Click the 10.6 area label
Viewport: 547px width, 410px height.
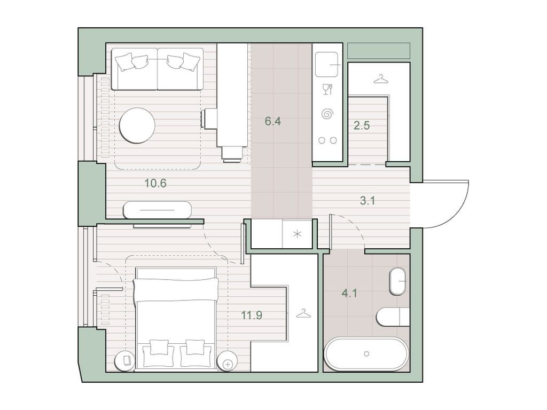[x=155, y=183]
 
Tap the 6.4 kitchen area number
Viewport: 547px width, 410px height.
[x=273, y=121]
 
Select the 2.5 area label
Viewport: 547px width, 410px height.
[x=362, y=125]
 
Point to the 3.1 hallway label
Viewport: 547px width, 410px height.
[x=368, y=201]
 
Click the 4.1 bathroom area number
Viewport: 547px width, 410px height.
[x=349, y=293]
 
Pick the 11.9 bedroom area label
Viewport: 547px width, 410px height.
[x=252, y=315]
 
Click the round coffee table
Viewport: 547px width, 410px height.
[x=137, y=125]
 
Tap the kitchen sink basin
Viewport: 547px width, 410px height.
[x=327, y=65]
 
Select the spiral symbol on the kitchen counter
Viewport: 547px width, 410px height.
[x=327, y=114]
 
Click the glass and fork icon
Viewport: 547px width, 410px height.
[x=327, y=90]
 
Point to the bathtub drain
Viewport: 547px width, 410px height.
[x=366, y=354]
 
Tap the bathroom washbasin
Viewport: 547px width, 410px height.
[x=397, y=281]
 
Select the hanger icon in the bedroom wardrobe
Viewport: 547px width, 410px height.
[x=304, y=314]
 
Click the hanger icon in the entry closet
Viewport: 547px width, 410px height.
[x=380, y=79]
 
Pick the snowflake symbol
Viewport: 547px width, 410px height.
[x=297, y=234]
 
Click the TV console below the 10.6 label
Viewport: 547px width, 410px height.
[x=158, y=210]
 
